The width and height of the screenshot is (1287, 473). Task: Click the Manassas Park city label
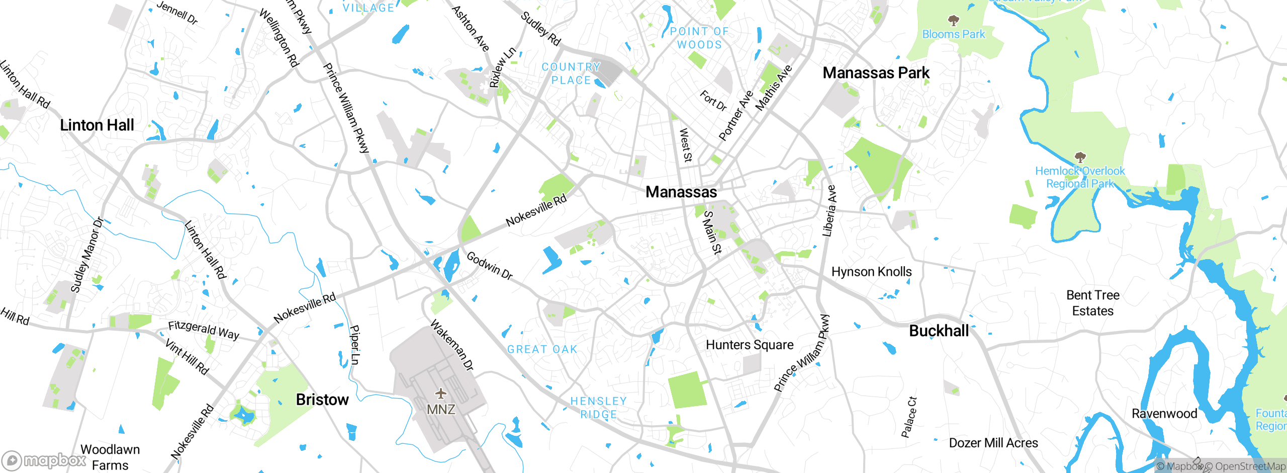tap(876, 73)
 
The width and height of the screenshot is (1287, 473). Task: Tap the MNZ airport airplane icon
tap(441, 393)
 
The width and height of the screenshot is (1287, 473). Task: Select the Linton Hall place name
tap(97, 125)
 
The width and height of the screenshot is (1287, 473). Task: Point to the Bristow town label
tap(322, 400)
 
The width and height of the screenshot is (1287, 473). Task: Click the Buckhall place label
tap(939, 331)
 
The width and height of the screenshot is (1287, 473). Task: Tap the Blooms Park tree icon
tap(953, 21)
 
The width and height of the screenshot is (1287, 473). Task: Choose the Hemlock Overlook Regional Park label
tap(1080, 177)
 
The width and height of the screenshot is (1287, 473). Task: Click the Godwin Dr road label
tap(489, 266)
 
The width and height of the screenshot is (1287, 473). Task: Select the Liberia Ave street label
tap(829, 211)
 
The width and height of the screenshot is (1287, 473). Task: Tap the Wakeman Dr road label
tap(452, 345)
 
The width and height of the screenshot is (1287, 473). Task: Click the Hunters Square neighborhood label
tap(750, 345)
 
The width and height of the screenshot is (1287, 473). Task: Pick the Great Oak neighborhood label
tap(542, 349)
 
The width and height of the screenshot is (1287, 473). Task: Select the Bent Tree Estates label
tap(1092, 303)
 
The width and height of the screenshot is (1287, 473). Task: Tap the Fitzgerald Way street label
tap(204, 330)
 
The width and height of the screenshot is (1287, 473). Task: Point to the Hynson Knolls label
tap(871, 272)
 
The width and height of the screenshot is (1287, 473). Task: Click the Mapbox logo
tap(44, 460)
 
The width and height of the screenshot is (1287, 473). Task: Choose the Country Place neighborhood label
tap(571, 73)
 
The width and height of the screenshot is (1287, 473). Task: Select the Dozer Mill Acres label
tap(993, 443)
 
